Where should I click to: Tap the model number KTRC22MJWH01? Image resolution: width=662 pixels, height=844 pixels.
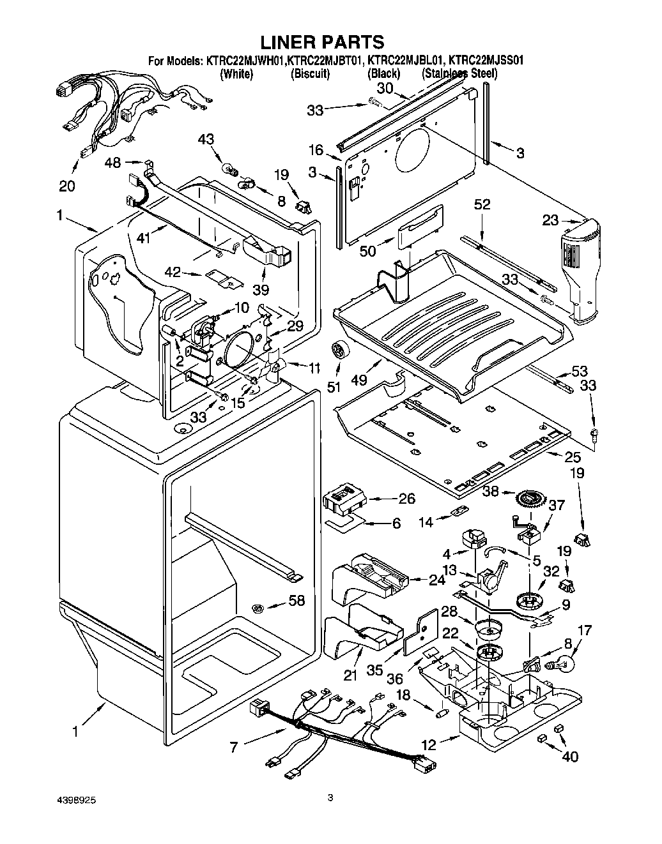(x=245, y=61)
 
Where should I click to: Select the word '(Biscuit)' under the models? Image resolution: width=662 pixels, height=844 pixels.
(x=310, y=73)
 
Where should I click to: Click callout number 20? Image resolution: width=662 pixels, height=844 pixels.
(x=66, y=186)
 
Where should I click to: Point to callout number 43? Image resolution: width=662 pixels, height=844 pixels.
(x=206, y=140)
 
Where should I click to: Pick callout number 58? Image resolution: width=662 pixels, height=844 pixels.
(x=296, y=601)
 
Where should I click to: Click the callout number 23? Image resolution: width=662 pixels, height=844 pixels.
(x=551, y=221)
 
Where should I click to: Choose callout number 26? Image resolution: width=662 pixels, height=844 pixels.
(x=406, y=499)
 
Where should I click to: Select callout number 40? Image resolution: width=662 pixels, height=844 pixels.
(x=570, y=757)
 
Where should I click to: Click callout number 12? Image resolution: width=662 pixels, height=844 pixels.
(x=429, y=744)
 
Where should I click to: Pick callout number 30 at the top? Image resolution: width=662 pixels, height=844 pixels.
(x=385, y=89)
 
